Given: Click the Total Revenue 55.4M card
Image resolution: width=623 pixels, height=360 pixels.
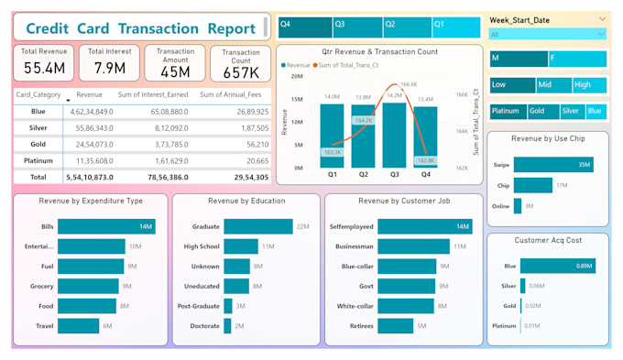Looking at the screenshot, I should coord(44,62).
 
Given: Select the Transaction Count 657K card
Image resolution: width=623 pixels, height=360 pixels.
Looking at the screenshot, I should coord(240,64).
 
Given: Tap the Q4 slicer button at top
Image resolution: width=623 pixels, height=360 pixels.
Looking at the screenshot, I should coord(304,25).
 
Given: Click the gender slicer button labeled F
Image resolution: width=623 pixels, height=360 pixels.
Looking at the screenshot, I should coord(577,59).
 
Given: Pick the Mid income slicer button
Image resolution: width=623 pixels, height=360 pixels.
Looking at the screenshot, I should coord(553,85).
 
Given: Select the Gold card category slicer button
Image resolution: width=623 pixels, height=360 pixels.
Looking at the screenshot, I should coord(539,112).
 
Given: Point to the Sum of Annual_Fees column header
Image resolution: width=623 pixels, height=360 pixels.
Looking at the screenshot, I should coord(234,94).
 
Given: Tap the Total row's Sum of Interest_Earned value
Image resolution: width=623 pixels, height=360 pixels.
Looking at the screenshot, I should coord(167,176).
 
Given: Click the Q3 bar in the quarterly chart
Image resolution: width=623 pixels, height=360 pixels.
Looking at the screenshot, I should coord(394,136).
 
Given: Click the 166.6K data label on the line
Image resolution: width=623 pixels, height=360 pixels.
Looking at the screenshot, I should coord(408,84).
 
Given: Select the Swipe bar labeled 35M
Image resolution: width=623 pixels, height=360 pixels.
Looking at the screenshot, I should coord(553,165).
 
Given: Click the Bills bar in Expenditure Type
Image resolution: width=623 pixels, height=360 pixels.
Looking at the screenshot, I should coord(106,226).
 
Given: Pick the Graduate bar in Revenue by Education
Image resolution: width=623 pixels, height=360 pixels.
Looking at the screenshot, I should coord(269,226).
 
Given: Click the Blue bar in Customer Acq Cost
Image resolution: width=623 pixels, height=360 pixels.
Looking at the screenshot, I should coord(558,267).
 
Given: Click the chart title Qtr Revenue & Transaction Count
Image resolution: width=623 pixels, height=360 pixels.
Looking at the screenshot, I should coord(379,52).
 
